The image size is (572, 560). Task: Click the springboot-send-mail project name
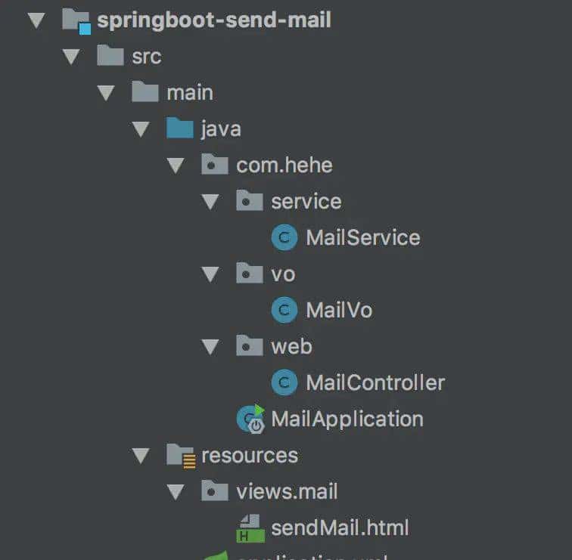click(x=213, y=20)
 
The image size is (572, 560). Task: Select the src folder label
click(x=146, y=56)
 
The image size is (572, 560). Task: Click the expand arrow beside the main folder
click(x=106, y=93)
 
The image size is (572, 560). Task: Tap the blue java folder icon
click(x=179, y=128)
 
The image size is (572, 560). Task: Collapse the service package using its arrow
click(x=210, y=202)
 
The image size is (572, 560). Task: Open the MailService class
click(x=362, y=237)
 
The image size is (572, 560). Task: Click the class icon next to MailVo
click(x=284, y=310)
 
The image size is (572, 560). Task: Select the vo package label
click(x=283, y=274)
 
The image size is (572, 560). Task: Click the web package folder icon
click(x=249, y=346)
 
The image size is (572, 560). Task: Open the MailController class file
click(x=375, y=382)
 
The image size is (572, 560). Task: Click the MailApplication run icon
click(x=250, y=419)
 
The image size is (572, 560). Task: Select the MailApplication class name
click(x=347, y=419)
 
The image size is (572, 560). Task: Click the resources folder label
click(x=249, y=455)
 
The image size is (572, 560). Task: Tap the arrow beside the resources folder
click(x=141, y=455)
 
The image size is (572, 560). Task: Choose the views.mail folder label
click(x=287, y=491)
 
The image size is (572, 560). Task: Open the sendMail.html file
click(x=340, y=528)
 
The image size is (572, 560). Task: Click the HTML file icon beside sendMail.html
click(x=249, y=528)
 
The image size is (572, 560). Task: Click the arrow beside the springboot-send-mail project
click(x=36, y=20)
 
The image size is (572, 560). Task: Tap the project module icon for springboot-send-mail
click(x=76, y=20)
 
